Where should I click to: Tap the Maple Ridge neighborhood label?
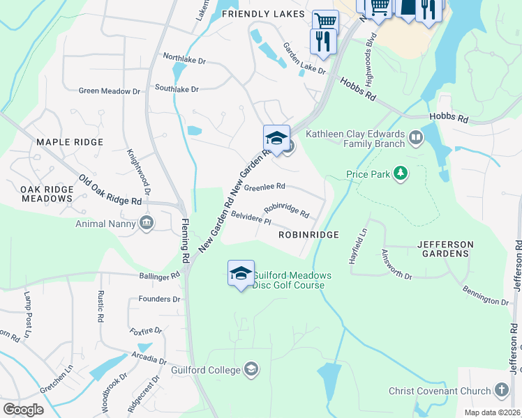coord(69,142)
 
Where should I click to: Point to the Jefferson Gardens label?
coord(445,249)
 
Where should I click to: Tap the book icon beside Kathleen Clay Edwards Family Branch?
coord(417,138)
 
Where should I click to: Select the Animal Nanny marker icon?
coord(147,223)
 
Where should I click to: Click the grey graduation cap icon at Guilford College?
coord(251,369)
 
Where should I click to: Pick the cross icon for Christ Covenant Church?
coord(501,389)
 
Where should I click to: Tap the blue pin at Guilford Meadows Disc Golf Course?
coord(241,273)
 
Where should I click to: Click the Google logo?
coord(23,409)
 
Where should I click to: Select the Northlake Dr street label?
coord(184,60)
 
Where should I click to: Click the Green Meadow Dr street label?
coord(110,91)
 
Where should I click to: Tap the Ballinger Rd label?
coord(159,277)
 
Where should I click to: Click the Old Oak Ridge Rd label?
coord(110,190)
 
